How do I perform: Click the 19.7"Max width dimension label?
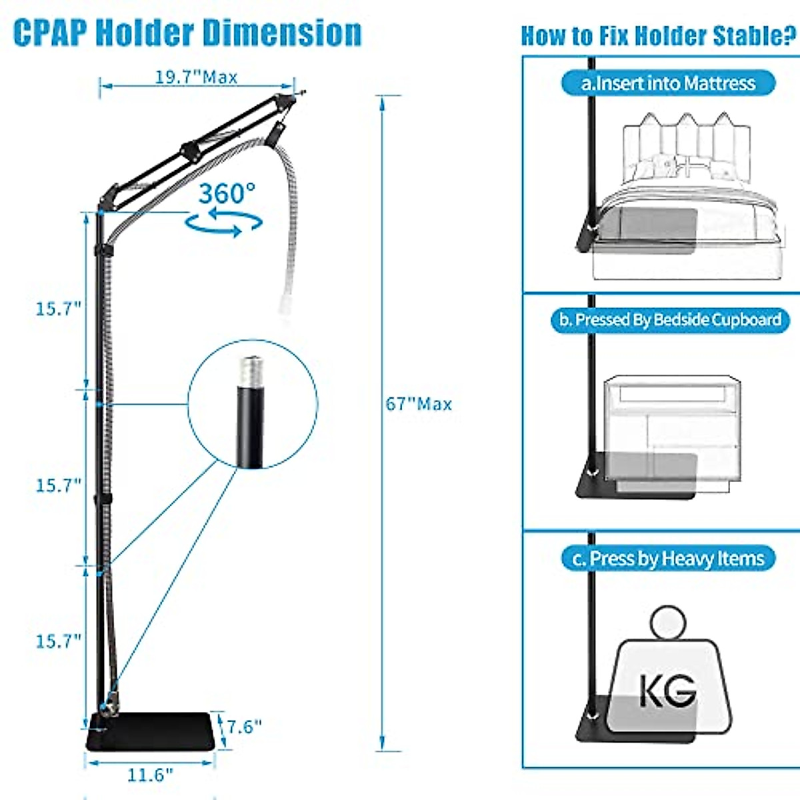pos(196,77)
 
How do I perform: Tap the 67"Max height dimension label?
pos(419,404)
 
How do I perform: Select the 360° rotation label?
pos(227,194)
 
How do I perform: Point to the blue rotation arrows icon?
pos(223,223)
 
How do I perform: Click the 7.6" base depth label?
pos(244,726)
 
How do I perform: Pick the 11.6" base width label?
pos(150,775)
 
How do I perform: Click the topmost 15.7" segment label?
pos(59,309)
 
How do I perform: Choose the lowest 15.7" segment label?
pos(59,641)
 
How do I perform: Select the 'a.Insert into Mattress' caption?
pos(668,84)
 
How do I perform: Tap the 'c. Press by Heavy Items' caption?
pos(668,558)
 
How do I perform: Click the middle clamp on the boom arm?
pos(190,150)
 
